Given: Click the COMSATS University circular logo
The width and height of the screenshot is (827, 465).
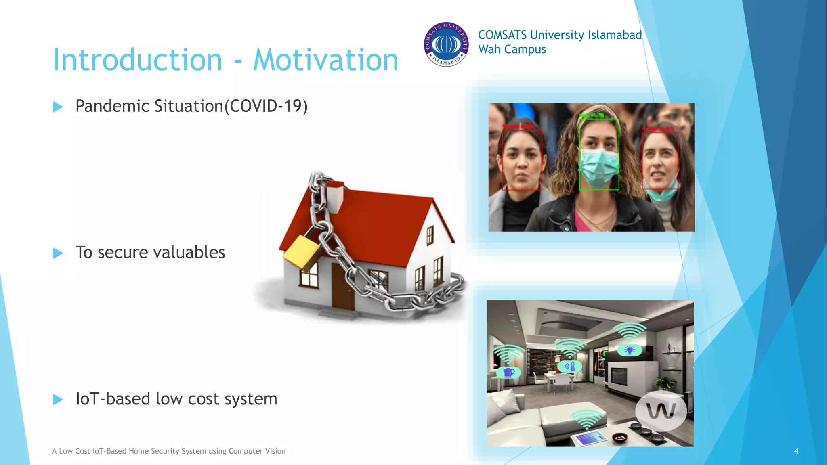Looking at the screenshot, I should click(x=446, y=44).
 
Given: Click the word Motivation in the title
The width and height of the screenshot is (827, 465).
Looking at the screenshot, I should click(x=325, y=61).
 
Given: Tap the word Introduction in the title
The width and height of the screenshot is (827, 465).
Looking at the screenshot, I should click(x=138, y=61).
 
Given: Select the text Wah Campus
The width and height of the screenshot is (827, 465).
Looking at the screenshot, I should click(x=512, y=50).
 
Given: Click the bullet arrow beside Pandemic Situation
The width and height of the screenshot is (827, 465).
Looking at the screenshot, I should click(x=58, y=107).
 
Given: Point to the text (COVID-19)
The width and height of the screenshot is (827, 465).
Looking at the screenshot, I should click(x=266, y=107).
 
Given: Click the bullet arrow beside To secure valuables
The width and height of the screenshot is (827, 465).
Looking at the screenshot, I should click(x=58, y=253).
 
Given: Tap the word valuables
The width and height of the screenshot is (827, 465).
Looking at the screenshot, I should click(x=189, y=253).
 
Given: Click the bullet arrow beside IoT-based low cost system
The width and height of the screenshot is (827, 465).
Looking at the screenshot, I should click(x=58, y=400).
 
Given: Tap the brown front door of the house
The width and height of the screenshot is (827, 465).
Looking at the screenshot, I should click(x=343, y=287).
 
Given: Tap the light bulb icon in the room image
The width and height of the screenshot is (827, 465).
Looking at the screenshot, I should click(x=630, y=350).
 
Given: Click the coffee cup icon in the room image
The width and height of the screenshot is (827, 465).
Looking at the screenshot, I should click(x=508, y=372).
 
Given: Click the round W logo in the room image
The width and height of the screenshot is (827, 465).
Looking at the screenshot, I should click(x=661, y=411).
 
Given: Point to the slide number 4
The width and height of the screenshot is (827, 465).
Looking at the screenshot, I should click(x=796, y=451).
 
